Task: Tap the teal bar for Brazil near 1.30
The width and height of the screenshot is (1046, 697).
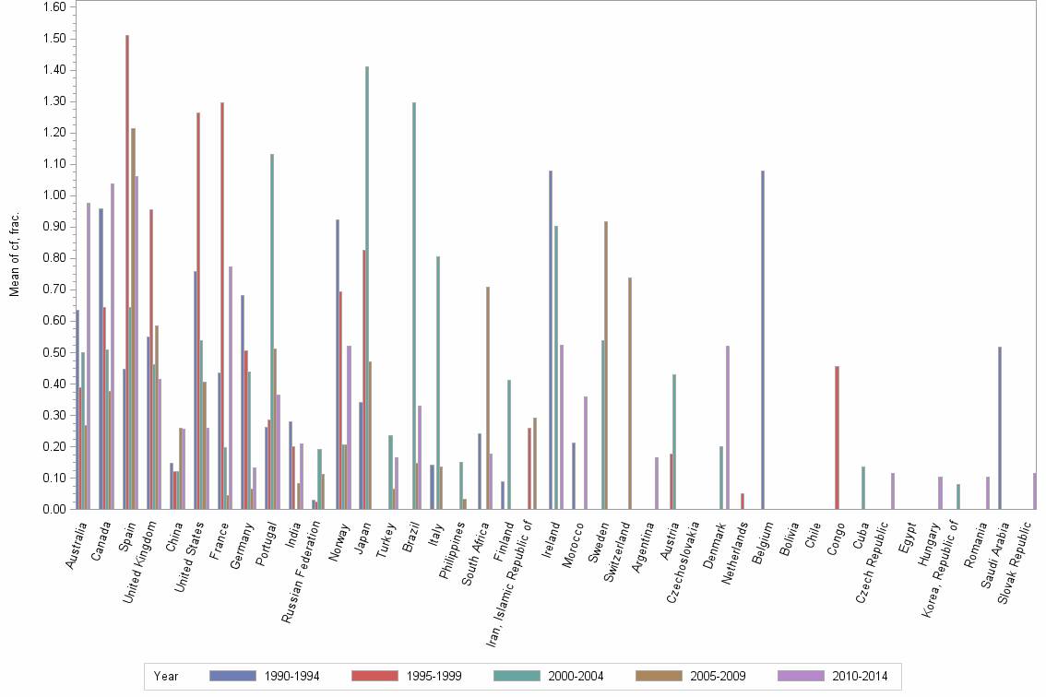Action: pyautogui.click(x=414, y=305)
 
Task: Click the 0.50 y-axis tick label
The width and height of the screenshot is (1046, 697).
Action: pyautogui.click(x=54, y=352)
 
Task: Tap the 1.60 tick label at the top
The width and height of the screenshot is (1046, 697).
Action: pyautogui.click(x=54, y=7)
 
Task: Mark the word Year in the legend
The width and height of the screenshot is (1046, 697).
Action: pyautogui.click(x=167, y=676)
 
